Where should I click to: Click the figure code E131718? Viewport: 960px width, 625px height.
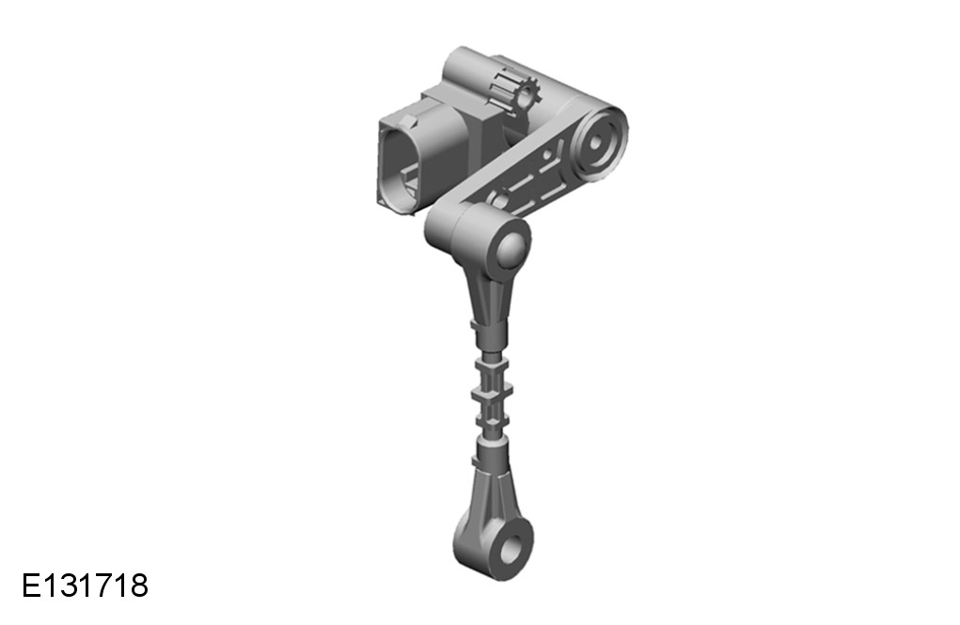pos(86,586)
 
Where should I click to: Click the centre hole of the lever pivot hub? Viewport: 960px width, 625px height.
pos(596,143)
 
